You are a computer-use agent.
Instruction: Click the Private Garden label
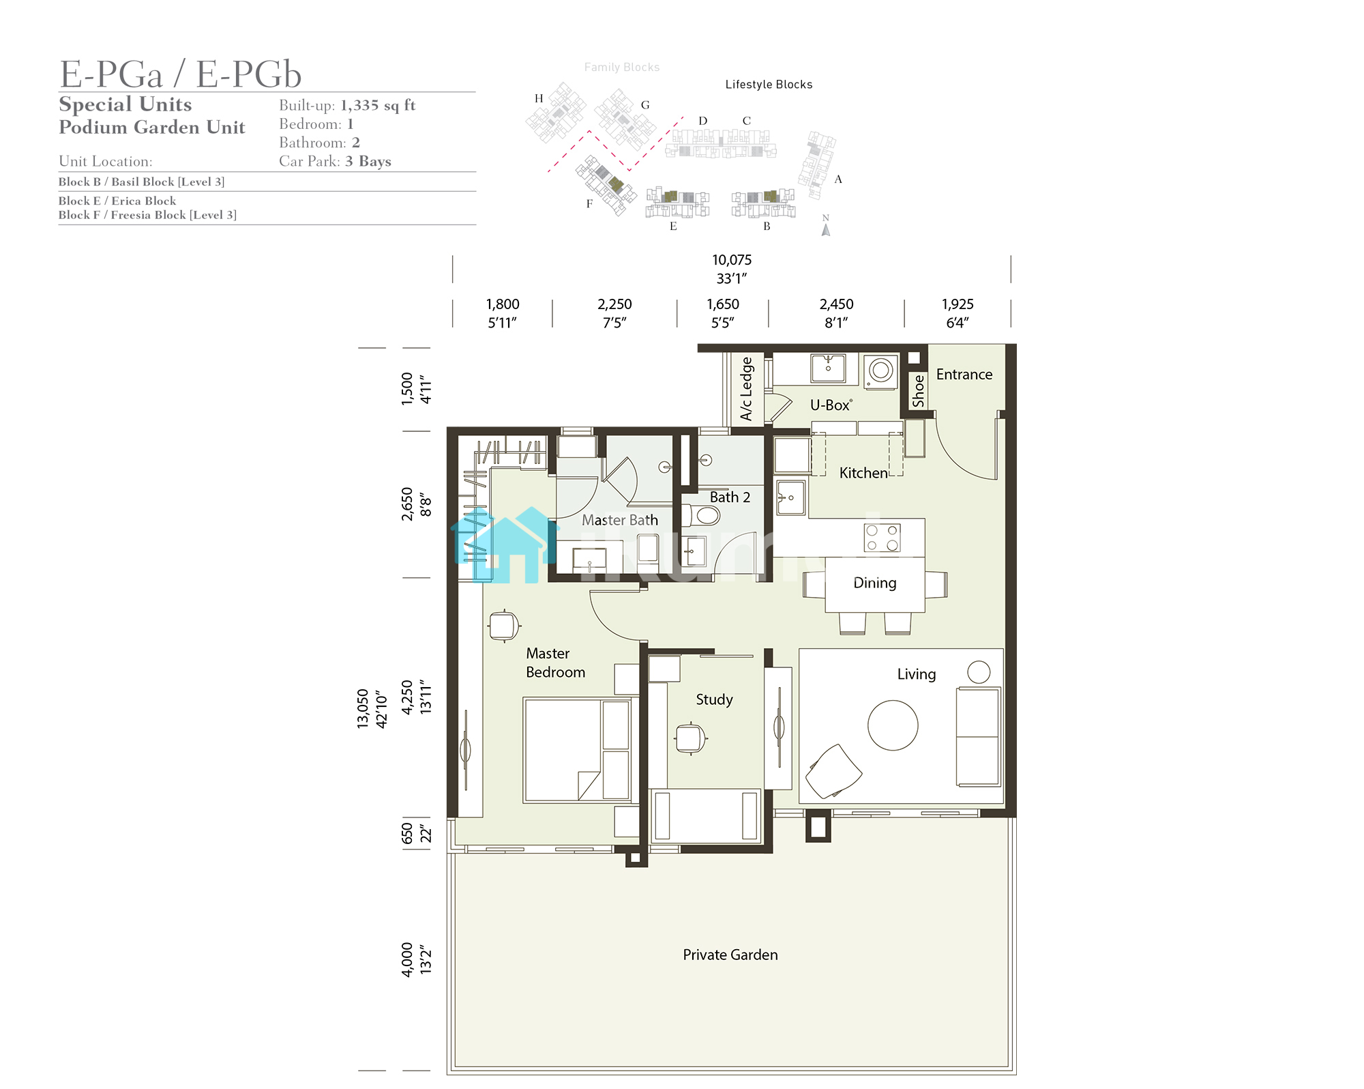730,955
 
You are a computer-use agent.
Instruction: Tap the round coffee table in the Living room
893,725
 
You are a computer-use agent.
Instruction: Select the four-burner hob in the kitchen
882,537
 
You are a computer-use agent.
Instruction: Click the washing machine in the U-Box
880,371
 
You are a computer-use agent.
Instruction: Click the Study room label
714,699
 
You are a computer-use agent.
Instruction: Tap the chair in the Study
690,738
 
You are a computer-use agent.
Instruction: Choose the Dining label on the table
875,583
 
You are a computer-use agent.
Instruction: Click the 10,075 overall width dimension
732,260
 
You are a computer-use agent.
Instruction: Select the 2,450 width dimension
836,304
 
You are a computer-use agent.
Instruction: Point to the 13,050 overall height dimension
363,709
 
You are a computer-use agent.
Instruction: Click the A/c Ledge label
747,388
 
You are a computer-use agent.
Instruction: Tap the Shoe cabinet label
919,390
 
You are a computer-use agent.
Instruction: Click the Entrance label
964,375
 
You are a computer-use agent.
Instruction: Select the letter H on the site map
539,98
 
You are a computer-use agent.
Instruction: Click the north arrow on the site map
826,229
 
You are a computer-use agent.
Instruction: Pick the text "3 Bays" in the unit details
368,161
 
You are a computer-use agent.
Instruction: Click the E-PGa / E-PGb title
181,74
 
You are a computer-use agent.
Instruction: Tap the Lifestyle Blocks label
769,85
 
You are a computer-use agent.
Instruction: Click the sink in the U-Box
828,368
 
